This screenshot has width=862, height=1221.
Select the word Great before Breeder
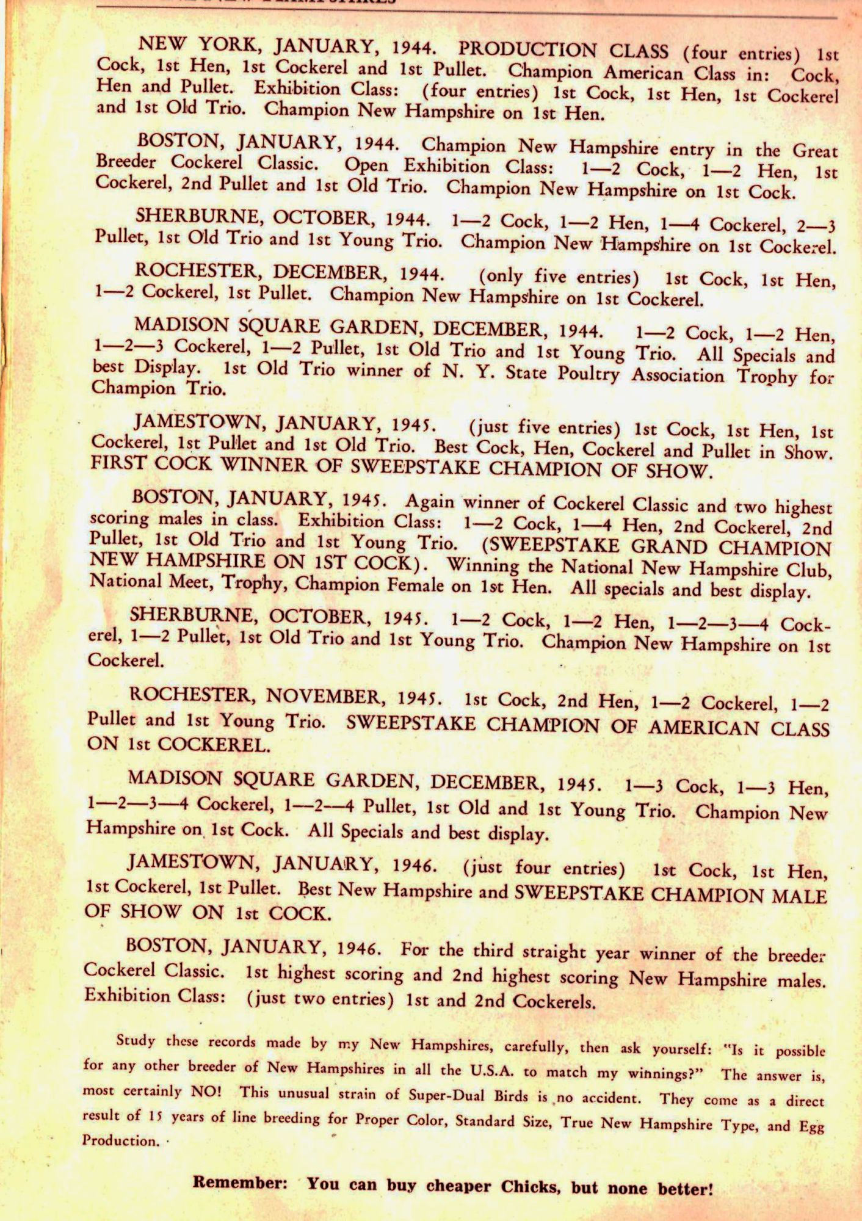point(815,150)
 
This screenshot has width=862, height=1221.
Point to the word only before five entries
point(505,277)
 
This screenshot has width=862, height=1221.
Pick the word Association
point(678,375)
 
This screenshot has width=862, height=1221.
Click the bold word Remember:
point(240,1183)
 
